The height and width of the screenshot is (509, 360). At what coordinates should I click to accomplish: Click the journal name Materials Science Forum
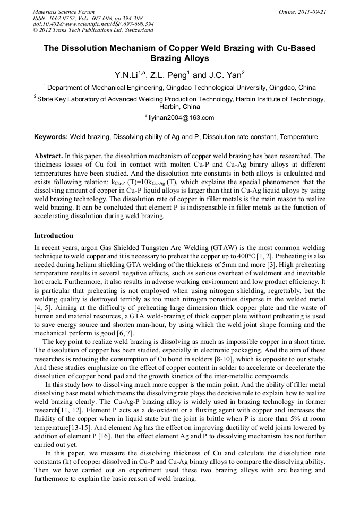pyautogui.click(x=64, y=11)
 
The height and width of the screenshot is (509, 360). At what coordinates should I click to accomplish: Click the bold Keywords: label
pyautogui.click(x=51, y=137)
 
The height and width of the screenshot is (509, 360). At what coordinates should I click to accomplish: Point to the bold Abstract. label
pyautogui.click(x=48, y=157)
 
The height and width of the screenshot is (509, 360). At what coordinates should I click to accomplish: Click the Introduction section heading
pyautogui.click(x=54, y=235)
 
